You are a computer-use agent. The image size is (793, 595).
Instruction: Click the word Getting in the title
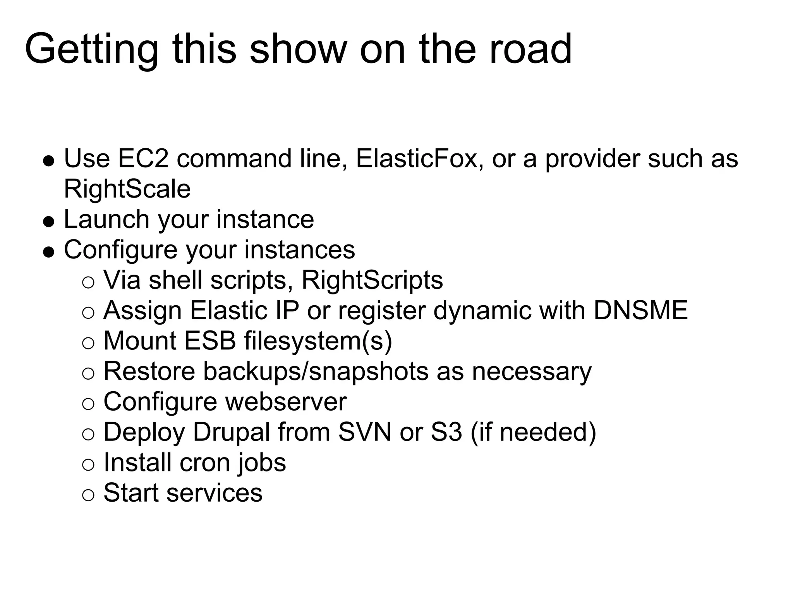coord(91,50)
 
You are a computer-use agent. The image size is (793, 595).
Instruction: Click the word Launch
coord(106,219)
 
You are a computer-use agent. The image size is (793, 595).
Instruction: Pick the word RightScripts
coord(372,280)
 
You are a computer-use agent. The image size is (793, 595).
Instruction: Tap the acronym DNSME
coord(640,310)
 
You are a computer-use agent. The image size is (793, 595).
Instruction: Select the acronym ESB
coord(209,340)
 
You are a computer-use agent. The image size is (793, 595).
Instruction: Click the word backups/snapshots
coord(316,371)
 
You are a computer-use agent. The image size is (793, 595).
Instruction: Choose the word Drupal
coord(231,432)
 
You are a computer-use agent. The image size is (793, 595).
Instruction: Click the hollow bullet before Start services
coord(88,495)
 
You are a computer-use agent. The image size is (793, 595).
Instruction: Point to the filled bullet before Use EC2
coord(48,161)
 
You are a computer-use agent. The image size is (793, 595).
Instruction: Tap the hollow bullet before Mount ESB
coord(88,343)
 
